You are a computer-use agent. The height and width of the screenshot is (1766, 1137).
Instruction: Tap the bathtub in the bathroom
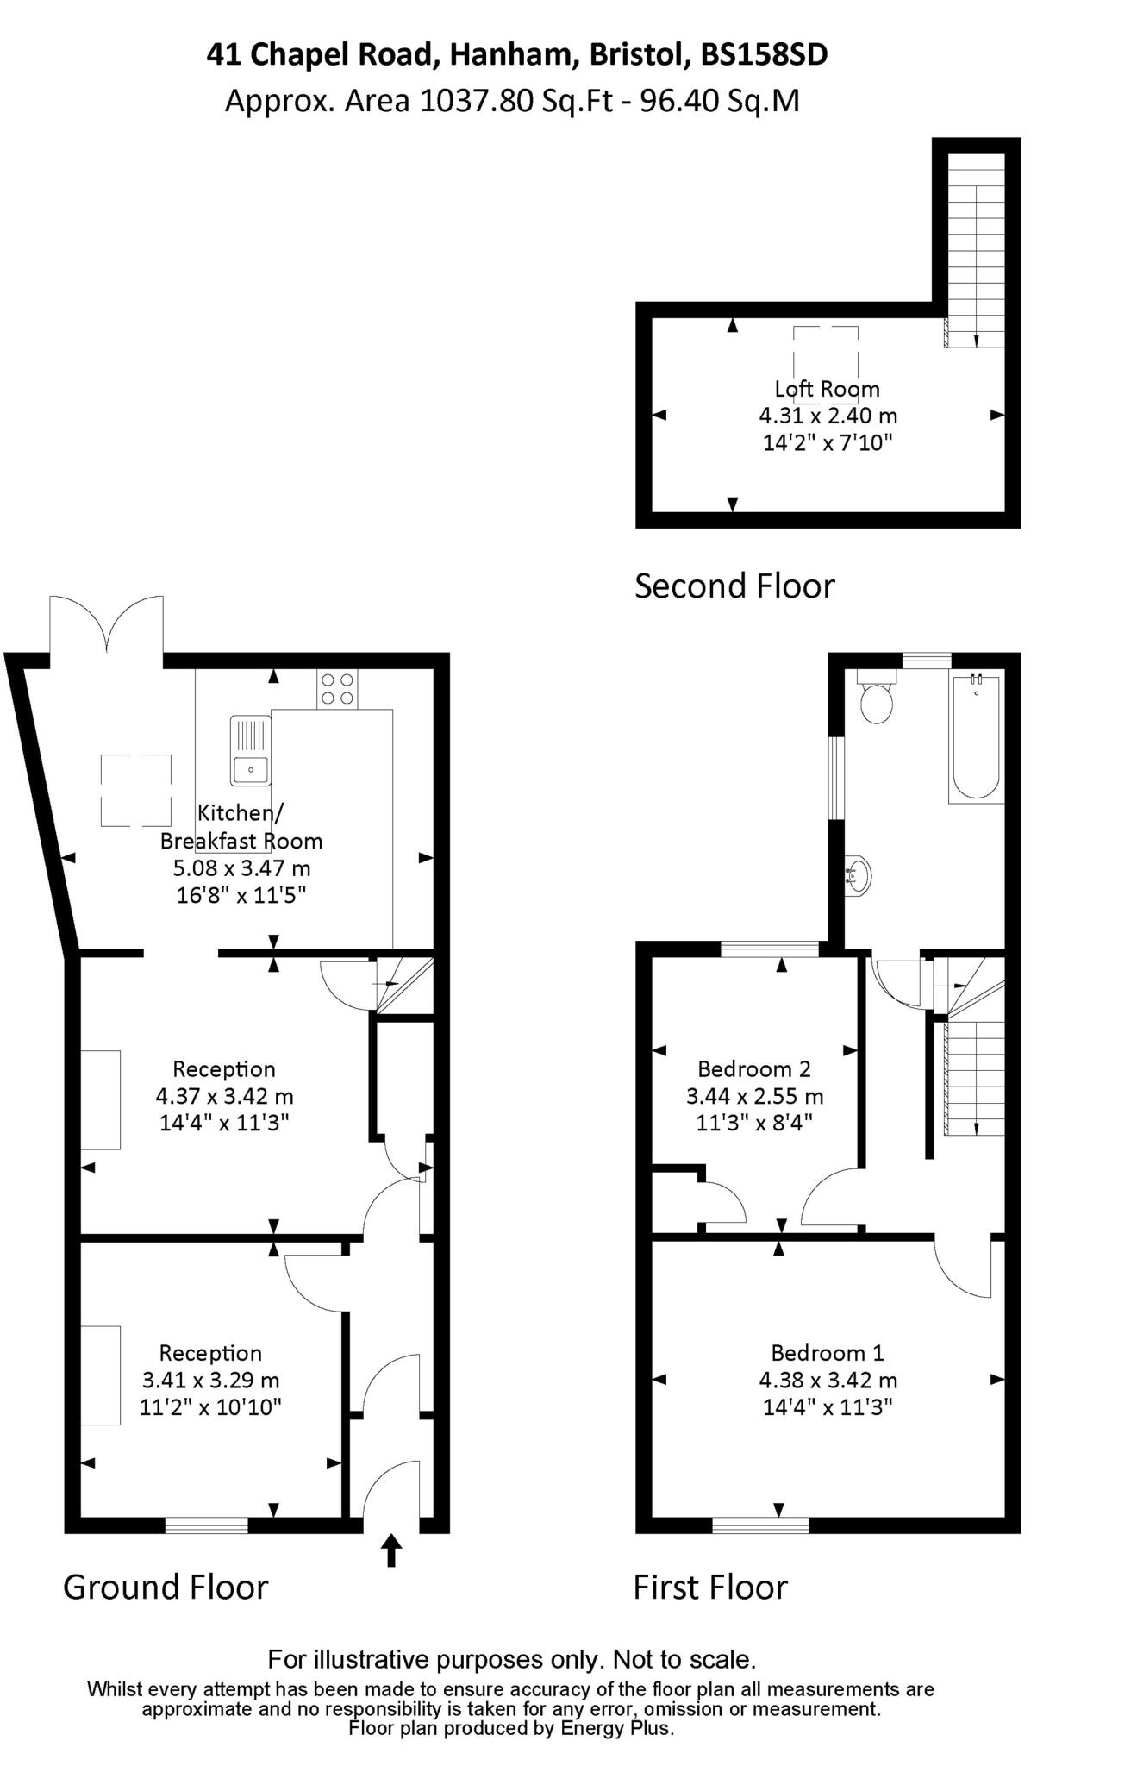click(x=976, y=738)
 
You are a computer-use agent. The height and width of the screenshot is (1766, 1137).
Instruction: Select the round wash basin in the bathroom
click(x=857, y=876)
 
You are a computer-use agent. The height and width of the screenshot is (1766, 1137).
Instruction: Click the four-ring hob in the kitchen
click(x=337, y=689)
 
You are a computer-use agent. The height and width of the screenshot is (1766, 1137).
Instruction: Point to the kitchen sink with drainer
click(x=251, y=751)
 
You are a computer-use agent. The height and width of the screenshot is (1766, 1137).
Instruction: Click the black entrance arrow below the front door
click(x=391, y=1550)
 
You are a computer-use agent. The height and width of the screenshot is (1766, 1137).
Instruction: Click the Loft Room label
click(x=827, y=389)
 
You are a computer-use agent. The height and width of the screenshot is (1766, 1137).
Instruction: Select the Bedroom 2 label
click(x=753, y=1069)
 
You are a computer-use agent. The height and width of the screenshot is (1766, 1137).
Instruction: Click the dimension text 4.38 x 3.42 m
click(x=828, y=1380)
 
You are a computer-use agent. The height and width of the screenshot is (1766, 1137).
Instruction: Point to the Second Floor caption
click(x=734, y=586)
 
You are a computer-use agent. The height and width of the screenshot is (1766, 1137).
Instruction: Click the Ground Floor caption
click(x=166, y=1587)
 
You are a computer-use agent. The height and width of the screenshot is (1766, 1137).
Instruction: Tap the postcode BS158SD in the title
click(x=764, y=55)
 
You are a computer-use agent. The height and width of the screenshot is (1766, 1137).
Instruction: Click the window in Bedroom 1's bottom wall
click(x=760, y=1525)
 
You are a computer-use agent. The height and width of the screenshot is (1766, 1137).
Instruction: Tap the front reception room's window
click(x=206, y=1525)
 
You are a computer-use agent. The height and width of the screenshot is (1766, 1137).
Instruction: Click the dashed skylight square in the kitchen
click(x=136, y=790)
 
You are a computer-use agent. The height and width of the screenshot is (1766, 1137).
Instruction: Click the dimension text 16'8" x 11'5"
click(x=241, y=895)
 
